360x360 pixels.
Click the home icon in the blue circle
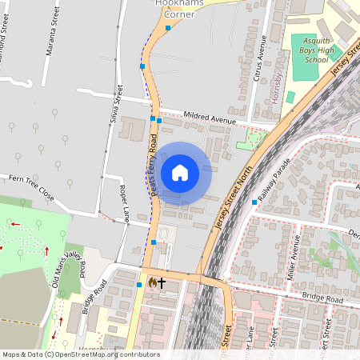(180, 173)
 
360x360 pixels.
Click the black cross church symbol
(162, 282)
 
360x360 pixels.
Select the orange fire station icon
(151, 282)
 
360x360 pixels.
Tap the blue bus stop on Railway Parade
(254, 202)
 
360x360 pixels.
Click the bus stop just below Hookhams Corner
(168, 28)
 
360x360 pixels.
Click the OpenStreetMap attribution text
(81, 354)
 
